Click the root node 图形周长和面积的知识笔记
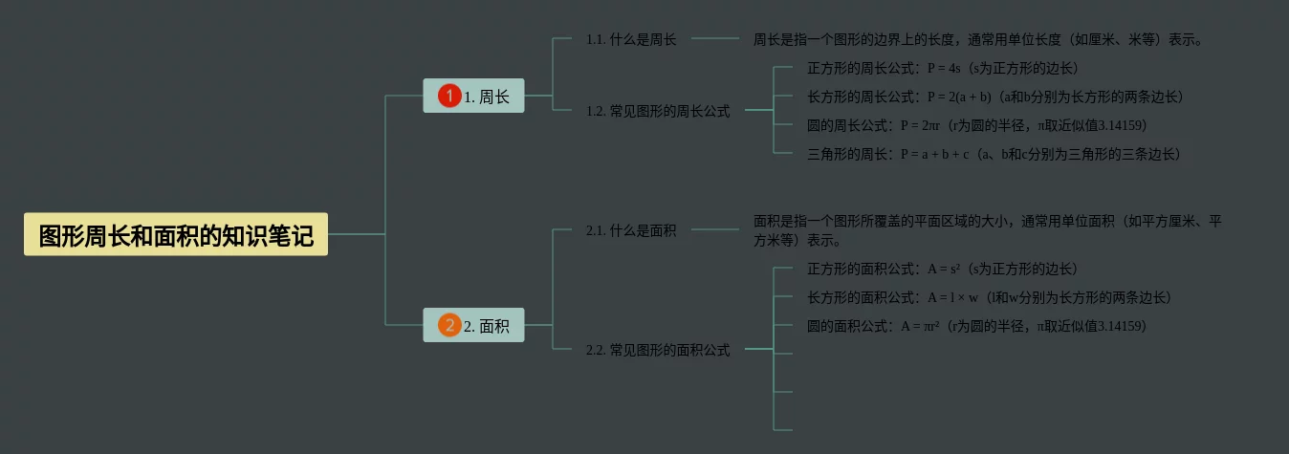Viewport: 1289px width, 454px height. tap(176, 234)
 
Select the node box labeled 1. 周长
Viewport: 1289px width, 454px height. tap(473, 96)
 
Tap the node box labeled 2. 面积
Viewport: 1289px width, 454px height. tap(473, 326)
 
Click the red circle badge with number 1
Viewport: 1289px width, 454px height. tap(449, 96)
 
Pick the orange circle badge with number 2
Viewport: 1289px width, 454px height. tap(449, 326)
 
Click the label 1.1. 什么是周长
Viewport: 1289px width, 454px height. tap(631, 39)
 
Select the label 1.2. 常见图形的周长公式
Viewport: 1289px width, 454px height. tap(658, 111)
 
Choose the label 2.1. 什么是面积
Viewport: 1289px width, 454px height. tap(631, 230)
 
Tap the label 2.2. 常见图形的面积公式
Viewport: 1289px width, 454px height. tap(658, 350)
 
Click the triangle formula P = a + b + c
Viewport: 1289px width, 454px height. tap(935, 154)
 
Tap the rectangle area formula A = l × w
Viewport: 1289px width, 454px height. tap(953, 297)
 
